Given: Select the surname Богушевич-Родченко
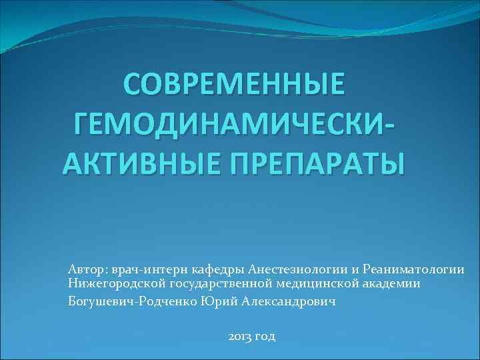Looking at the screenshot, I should pos(133,301).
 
